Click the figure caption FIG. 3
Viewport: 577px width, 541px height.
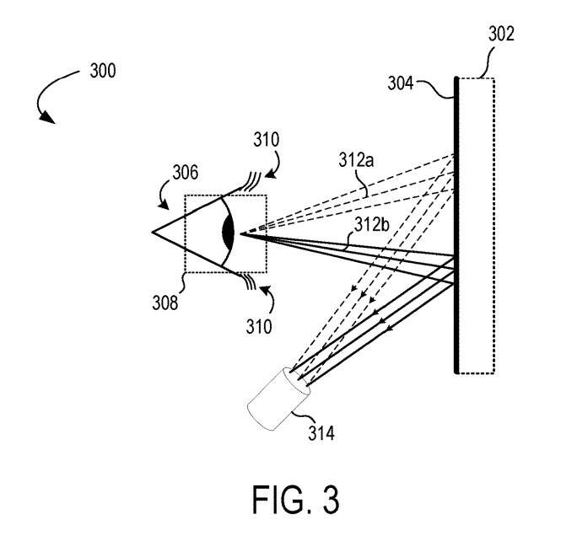pyautogui.click(x=295, y=499)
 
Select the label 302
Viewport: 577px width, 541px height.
pyautogui.click(x=500, y=35)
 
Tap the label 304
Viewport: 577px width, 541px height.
pyautogui.click(x=402, y=83)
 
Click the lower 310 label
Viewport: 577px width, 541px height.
pyautogui.click(x=258, y=325)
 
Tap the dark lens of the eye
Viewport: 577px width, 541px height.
pyautogui.click(x=227, y=233)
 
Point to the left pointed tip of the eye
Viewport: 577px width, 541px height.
pyautogui.click(x=154, y=232)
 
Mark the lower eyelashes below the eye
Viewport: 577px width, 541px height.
pyautogui.click(x=250, y=282)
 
